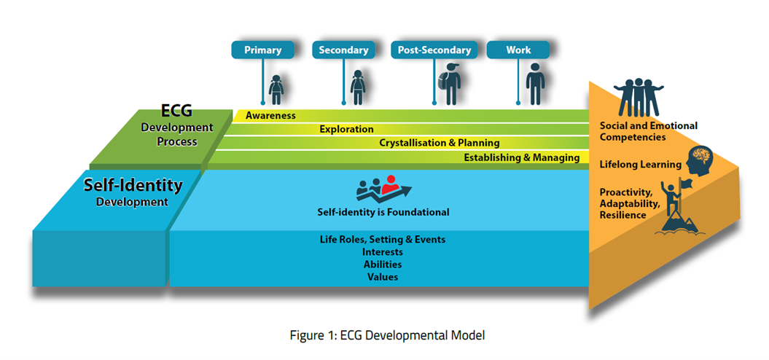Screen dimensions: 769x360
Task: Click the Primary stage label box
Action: coord(263,50)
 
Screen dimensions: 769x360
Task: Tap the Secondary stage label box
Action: coord(343,50)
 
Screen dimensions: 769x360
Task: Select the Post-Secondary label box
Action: coord(434,50)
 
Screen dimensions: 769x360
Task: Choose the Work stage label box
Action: coord(518,50)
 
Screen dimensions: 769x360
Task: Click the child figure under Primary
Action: coord(276,90)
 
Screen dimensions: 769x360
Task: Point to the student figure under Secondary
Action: coord(357,87)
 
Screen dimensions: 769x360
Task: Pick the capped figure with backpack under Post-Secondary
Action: coord(449,84)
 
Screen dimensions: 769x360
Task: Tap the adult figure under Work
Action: coord(535,84)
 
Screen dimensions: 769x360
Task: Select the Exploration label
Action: coord(347,130)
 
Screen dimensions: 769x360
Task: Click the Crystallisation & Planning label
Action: coord(440,144)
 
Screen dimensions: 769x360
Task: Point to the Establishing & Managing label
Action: coord(522,157)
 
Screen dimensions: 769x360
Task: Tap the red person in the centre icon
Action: coord(391,184)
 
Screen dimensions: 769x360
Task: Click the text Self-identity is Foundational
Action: coord(383,212)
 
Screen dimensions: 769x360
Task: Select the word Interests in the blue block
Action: coord(383,252)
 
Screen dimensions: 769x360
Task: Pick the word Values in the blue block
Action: coord(383,277)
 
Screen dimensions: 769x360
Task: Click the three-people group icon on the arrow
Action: coord(638,97)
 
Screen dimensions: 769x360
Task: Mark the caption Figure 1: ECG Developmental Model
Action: coord(388,336)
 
